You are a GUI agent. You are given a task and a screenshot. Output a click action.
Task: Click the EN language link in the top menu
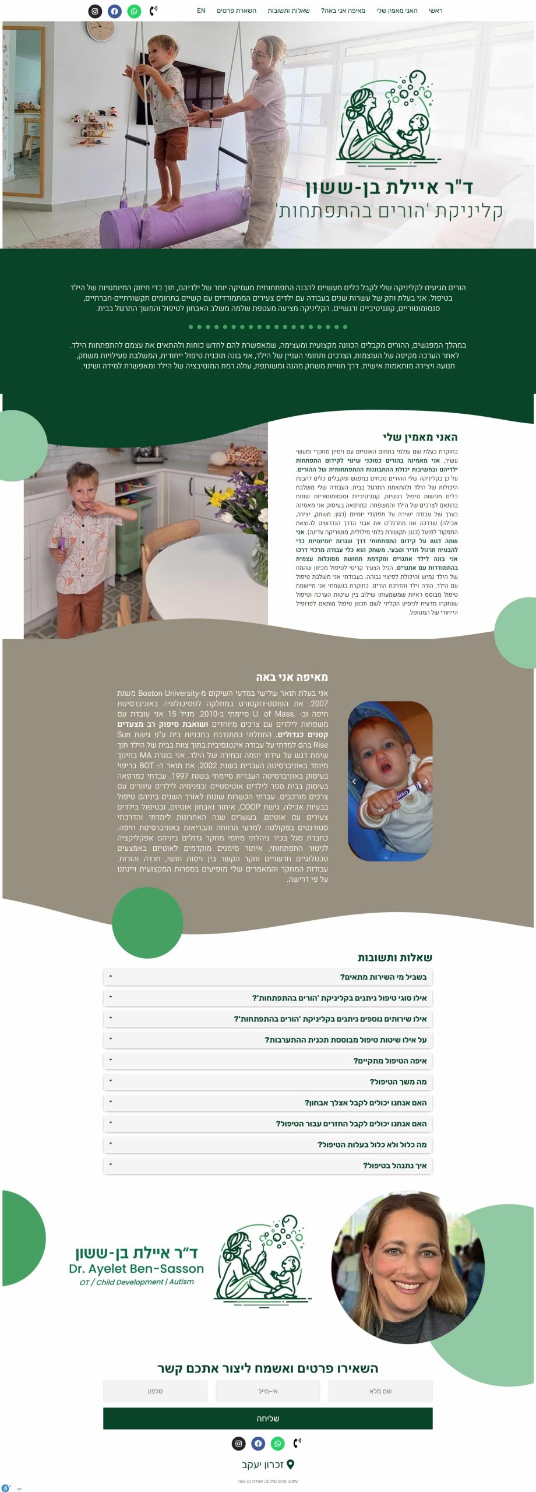[201, 10]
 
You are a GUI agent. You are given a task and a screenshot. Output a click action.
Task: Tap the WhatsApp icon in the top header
[134, 11]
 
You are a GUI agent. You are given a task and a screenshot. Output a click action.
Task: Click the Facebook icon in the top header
[115, 11]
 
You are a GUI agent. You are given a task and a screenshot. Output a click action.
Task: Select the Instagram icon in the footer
[239, 1443]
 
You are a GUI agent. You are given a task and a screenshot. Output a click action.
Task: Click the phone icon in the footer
[297, 1443]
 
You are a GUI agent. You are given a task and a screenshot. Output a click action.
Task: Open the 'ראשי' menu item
[435, 10]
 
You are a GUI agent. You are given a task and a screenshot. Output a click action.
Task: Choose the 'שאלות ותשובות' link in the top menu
[288, 10]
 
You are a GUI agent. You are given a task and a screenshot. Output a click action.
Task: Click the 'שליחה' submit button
[268, 1419]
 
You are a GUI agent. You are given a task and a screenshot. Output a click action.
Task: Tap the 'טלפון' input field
[155, 1391]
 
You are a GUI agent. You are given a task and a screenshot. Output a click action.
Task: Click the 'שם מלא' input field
[380, 1391]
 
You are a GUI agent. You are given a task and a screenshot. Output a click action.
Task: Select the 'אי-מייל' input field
[268, 1391]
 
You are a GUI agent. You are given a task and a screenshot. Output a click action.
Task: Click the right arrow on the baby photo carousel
[426, 782]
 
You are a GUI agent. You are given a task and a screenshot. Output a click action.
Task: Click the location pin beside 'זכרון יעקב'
[291, 1464]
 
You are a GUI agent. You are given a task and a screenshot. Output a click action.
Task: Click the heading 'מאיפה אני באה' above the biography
[292, 677]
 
